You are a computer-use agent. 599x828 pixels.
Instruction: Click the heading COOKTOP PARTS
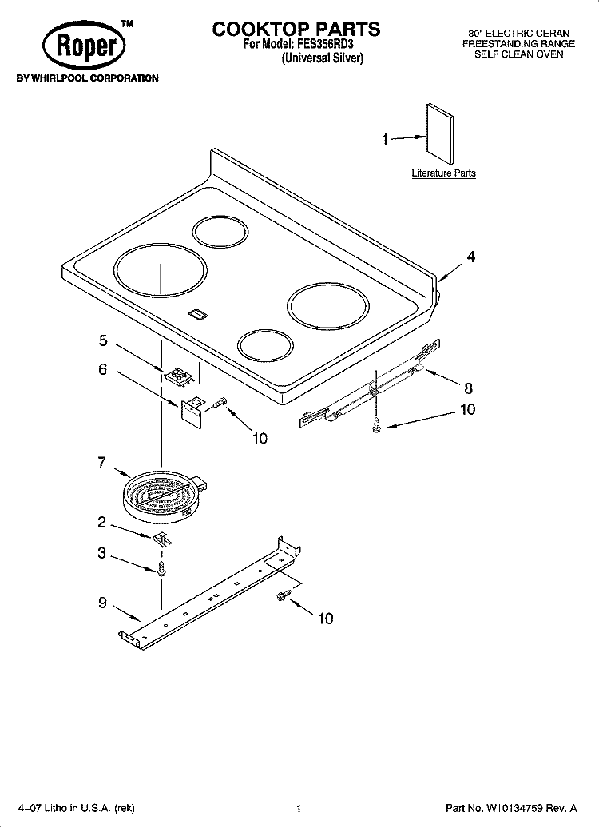[296, 29]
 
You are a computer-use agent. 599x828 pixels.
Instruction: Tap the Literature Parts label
[443, 173]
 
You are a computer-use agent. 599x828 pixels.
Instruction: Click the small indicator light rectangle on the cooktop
[195, 315]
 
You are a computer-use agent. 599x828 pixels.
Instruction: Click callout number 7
[101, 463]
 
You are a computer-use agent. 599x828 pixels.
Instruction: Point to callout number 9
[102, 603]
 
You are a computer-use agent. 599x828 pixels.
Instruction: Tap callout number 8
[468, 388]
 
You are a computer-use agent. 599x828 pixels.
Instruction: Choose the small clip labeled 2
[161, 538]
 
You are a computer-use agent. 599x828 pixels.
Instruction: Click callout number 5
[103, 340]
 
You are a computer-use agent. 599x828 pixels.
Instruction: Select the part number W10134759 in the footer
[515, 809]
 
